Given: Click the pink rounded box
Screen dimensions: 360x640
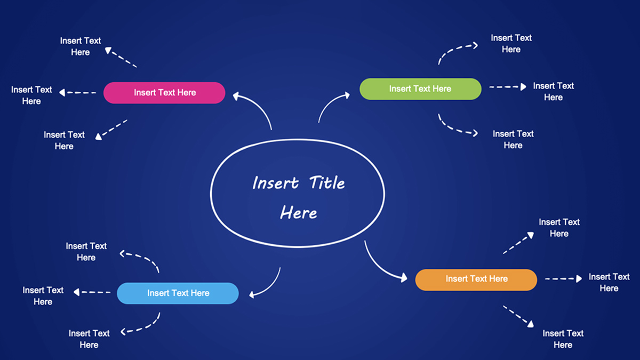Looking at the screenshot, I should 164,93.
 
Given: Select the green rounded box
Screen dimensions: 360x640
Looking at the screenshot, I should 420,89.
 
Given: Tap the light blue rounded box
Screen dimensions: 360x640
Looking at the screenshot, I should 178,293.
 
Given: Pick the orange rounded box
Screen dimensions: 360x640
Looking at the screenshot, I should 476,280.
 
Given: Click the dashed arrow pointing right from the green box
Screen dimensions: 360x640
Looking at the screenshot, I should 507,86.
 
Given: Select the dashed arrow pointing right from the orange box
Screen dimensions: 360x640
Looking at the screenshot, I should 563,278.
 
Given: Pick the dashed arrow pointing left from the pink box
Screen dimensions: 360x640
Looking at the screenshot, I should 78,93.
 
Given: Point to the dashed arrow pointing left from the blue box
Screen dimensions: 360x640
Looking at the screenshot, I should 92,292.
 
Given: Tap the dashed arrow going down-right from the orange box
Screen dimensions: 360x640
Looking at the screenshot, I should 518,316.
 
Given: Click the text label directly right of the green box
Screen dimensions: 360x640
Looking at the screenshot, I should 553,92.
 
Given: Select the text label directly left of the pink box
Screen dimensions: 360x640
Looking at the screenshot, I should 31,95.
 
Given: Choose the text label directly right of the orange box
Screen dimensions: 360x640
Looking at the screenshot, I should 609,283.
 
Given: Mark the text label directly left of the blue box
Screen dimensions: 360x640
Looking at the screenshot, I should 43,296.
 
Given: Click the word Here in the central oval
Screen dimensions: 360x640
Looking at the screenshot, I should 299,213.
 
